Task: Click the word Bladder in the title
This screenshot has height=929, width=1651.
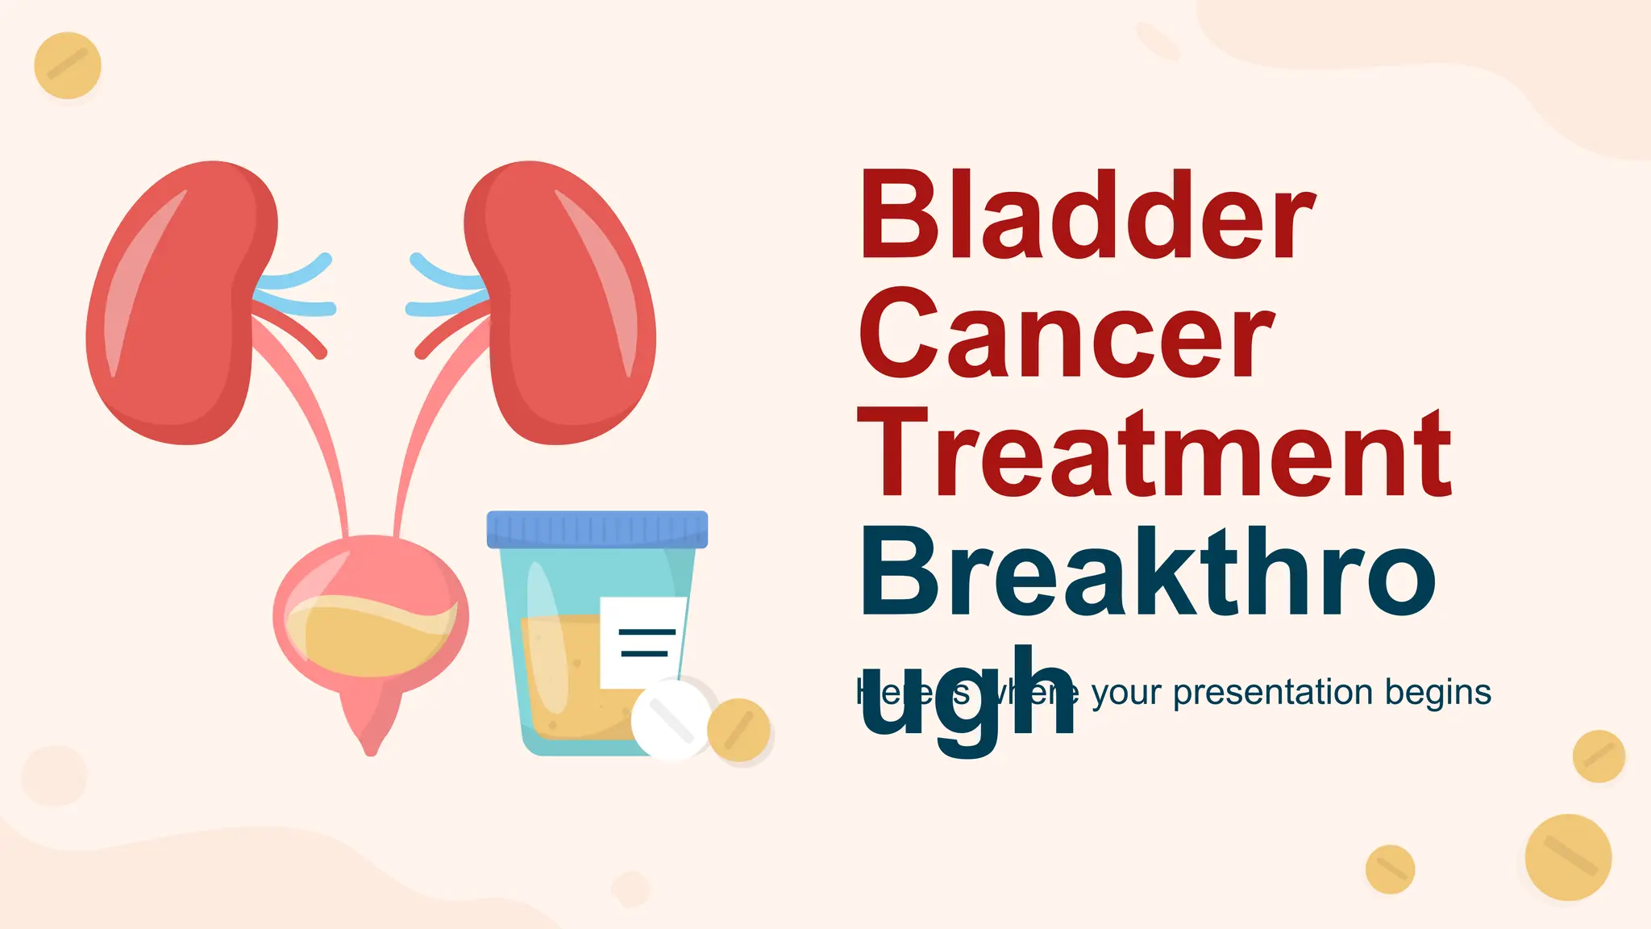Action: (1087, 216)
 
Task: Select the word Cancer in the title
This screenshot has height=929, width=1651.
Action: (1066, 335)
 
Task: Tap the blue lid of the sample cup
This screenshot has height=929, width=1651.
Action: (597, 529)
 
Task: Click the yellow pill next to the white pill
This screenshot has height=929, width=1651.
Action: (738, 730)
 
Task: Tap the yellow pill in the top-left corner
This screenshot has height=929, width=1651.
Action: (68, 65)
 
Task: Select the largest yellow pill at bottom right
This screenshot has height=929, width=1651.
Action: (1568, 857)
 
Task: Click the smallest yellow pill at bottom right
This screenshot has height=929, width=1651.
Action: (1390, 869)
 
